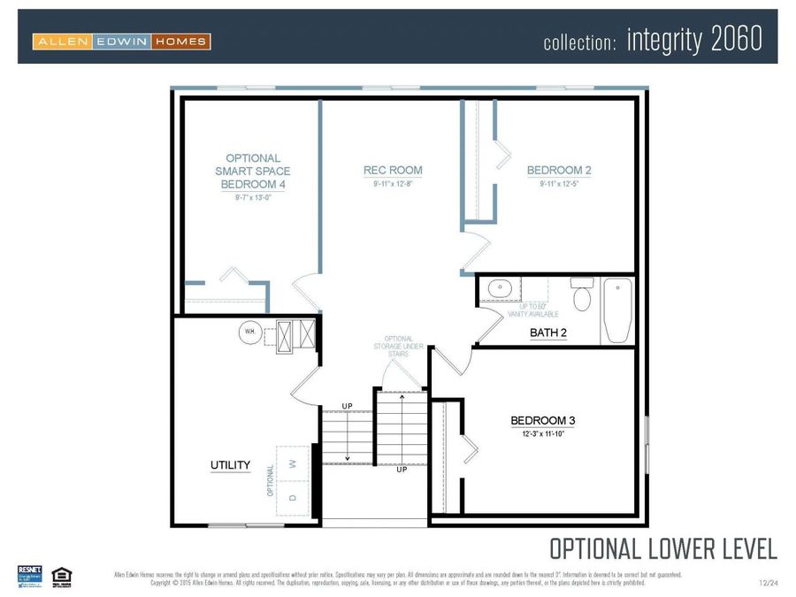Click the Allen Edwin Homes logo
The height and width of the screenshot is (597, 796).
121,41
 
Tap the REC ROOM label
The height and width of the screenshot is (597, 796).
393,171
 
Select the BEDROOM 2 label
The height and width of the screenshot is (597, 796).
559,171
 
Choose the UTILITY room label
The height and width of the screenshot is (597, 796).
230,465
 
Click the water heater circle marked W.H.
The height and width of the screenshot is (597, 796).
249,333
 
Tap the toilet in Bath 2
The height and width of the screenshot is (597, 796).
582,296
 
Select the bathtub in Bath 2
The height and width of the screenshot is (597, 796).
616,310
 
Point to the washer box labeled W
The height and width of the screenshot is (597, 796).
293,462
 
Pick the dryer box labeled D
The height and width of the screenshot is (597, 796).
293,497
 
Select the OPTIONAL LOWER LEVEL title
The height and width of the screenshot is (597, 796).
663,548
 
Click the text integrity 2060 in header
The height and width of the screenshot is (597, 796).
693,41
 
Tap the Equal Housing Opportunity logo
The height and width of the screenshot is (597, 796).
61,576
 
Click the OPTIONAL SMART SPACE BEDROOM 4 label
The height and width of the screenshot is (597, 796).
253,172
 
